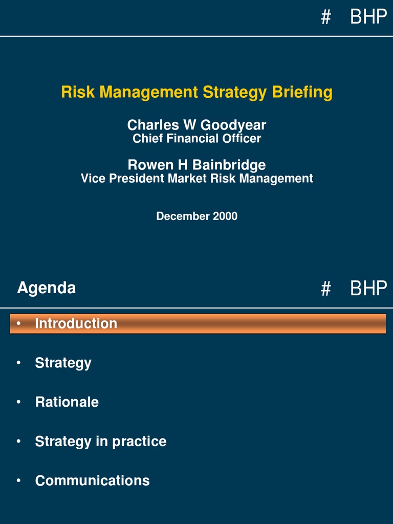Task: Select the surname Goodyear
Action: pos(233,125)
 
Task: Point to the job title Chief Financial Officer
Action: pos(196,139)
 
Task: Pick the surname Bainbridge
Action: pos(229,165)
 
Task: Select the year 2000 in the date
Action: pos(225,216)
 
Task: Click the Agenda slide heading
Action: pos(47,288)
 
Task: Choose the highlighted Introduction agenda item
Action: pos(76,323)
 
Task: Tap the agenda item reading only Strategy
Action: pos(63,363)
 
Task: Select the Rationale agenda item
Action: pos(67,402)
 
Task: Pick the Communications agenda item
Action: pos(92,481)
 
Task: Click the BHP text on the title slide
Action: pos(368,17)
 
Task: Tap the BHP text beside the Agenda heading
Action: pos(368,289)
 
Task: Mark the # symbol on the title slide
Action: pos(325,18)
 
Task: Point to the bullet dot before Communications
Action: pos(18,481)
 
